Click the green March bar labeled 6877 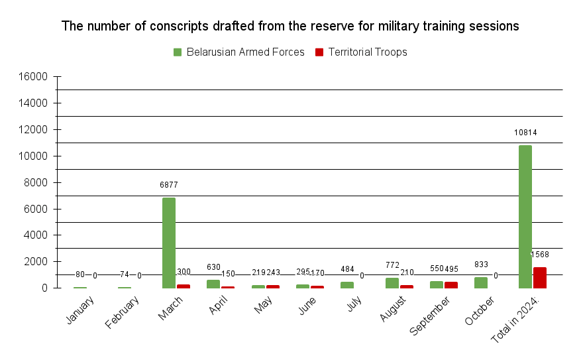(169, 243)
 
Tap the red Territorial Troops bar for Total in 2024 (540, 278)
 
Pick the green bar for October (481, 282)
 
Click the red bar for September (451, 285)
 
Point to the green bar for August (392, 283)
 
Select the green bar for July (347, 285)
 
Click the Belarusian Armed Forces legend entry (238, 52)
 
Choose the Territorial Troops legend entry (361, 52)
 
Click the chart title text (290, 27)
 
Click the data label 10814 (525, 133)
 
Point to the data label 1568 (540, 255)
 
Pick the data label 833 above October (481, 265)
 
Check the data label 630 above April (213, 267)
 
